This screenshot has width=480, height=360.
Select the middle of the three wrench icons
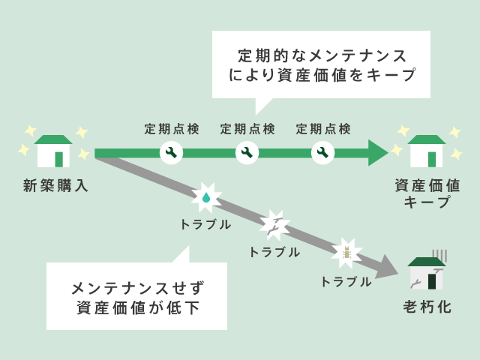click(247, 153)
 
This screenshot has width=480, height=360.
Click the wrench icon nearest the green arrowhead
click(322, 153)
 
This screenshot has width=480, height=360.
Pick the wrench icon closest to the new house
click(171, 153)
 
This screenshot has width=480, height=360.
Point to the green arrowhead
click(377, 153)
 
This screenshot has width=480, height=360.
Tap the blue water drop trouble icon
click(205, 198)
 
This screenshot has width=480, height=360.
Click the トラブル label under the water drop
click(205, 223)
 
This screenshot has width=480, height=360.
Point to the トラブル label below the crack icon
click(274, 252)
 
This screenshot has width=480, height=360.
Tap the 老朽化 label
click(427, 307)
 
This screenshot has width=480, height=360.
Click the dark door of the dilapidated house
click(431, 280)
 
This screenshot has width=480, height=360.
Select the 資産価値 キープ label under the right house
click(427, 193)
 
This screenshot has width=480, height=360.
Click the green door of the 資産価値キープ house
click(431, 159)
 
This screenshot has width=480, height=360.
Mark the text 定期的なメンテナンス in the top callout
click(322, 56)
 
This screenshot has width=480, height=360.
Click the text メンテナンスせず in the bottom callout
click(137, 287)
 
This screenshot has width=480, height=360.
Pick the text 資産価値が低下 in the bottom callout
click(137, 307)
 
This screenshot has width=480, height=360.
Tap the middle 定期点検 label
click(247, 129)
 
